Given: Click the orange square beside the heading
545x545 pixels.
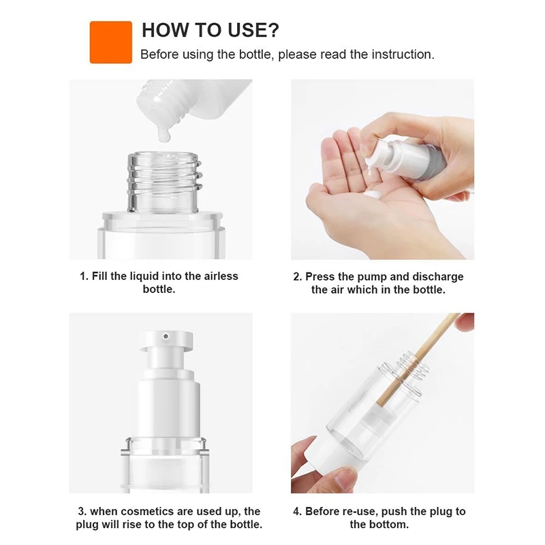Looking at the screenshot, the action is point(111,42).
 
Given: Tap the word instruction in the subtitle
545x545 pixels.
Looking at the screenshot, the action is point(403,54).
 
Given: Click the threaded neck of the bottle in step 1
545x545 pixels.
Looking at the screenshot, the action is point(164,181).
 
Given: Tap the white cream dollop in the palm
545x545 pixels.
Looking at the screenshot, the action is point(374,194).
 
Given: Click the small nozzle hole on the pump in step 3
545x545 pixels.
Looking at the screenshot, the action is point(166,336).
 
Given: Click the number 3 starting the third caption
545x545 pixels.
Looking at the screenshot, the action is point(82,512).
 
